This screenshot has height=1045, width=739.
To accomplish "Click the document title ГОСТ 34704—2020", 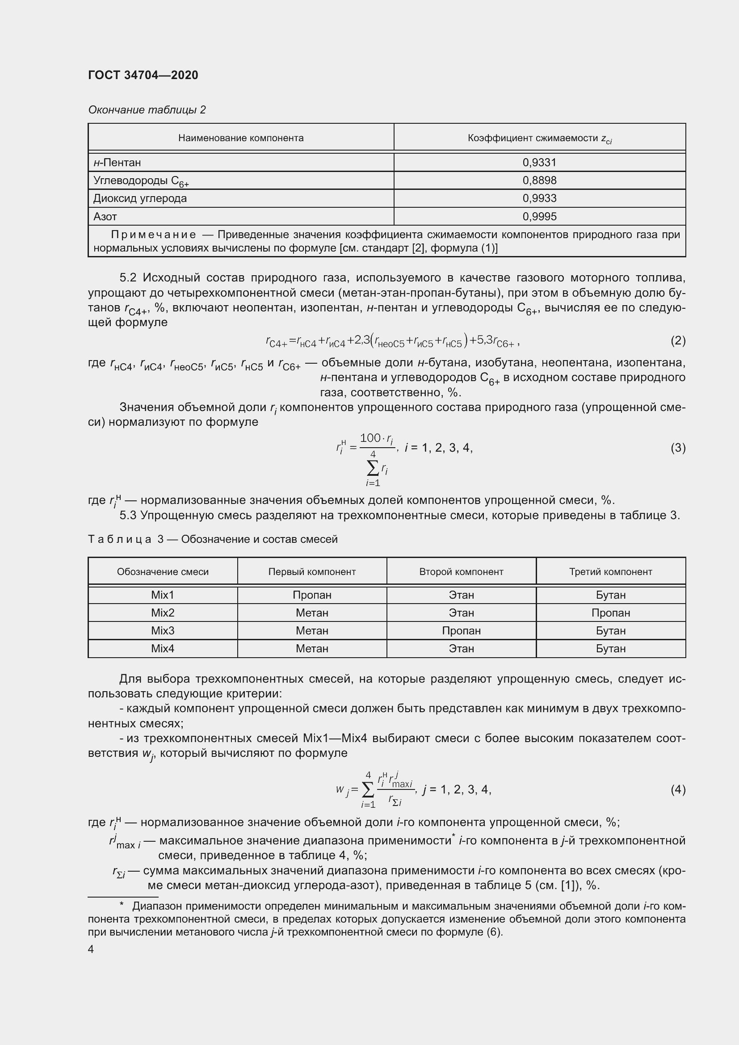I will (x=143, y=75).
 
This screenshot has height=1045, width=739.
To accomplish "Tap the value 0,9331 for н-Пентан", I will (x=539, y=163).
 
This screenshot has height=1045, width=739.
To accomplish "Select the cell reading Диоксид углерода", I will (x=140, y=198).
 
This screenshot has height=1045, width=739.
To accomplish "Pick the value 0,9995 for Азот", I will (x=539, y=217).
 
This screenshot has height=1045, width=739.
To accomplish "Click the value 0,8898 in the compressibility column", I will (x=539, y=180).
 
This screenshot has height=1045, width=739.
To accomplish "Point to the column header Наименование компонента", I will (x=241, y=138).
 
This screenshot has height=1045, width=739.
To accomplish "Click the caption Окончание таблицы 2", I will (x=147, y=110).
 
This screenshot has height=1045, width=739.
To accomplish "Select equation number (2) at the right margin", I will (x=678, y=340).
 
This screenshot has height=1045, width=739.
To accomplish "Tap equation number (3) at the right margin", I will (x=678, y=448).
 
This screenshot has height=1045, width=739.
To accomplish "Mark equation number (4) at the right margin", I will (x=678, y=789).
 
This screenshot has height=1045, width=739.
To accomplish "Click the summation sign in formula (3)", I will (x=372, y=467).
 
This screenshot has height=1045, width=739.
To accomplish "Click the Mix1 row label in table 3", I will (x=163, y=595).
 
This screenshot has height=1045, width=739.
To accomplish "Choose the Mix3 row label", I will (x=163, y=631).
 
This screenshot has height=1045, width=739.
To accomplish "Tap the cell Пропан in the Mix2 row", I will (x=611, y=613).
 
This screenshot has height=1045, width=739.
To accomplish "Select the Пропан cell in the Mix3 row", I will (x=461, y=631).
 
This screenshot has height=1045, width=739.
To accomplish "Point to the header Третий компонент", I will (x=611, y=572).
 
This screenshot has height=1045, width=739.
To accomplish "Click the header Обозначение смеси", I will (x=163, y=572).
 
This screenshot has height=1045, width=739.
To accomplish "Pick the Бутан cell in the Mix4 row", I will (x=611, y=649).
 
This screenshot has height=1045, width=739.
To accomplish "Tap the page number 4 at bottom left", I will (x=91, y=949).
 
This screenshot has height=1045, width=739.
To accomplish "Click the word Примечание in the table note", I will (x=153, y=235).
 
